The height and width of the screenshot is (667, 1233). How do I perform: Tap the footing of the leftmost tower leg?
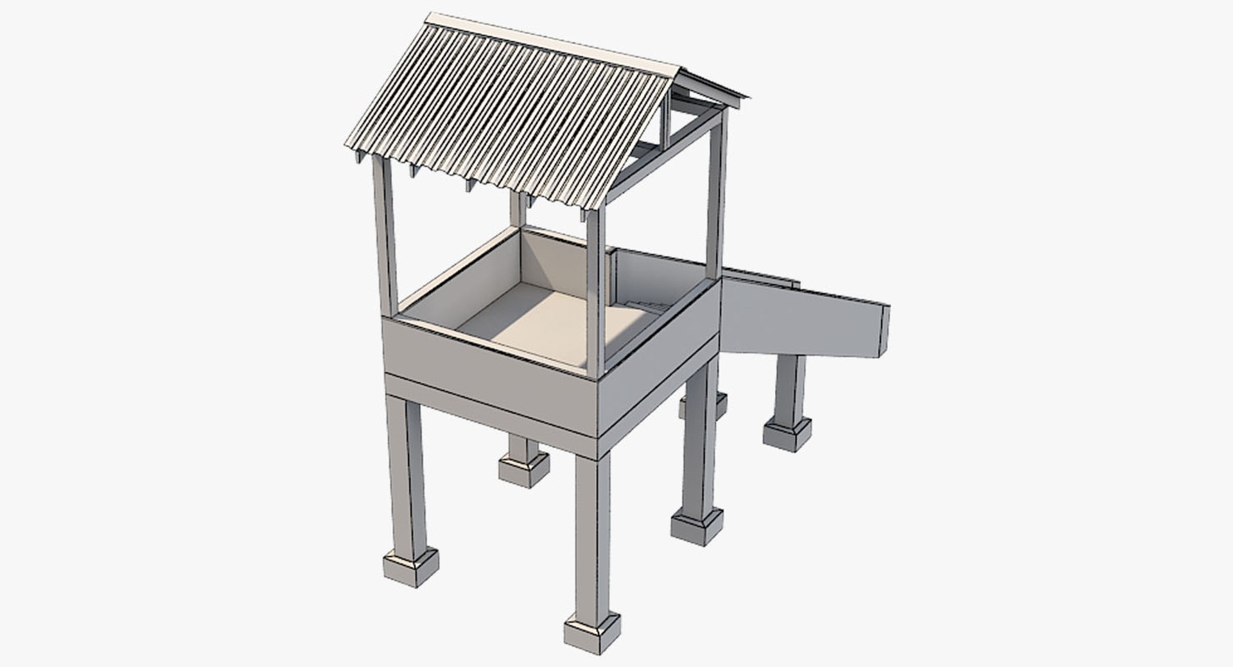pyautogui.click(x=410, y=569)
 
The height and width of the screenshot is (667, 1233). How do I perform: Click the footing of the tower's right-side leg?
pyautogui.click(x=697, y=525)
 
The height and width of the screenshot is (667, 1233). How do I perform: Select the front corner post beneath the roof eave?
pyautogui.click(x=596, y=289)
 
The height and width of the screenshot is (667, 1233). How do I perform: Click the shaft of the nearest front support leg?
pyautogui.click(x=592, y=533)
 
